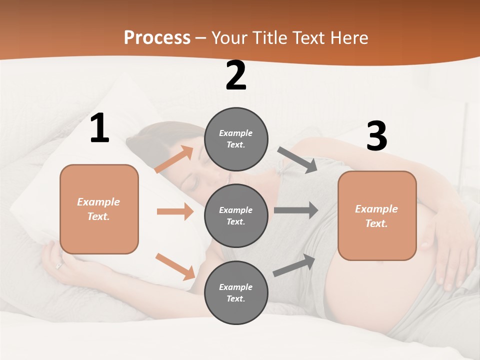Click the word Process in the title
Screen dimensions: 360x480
[157, 38]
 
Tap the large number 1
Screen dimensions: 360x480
[99, 128]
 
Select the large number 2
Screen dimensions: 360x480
[236, 75]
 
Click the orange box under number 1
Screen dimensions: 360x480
[99, 209]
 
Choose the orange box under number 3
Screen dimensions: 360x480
[377, 216]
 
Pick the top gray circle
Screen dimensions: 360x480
[236, 139]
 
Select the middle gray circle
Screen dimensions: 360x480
[236, 216]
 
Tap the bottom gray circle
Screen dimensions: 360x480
[236, 293]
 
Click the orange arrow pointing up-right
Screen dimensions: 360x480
[174, 159]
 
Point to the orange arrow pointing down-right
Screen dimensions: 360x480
[175, 266]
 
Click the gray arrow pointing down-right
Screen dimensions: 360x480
[297, 159]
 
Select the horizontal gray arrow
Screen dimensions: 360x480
[296, 210]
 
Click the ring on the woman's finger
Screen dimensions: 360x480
[59, 266]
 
